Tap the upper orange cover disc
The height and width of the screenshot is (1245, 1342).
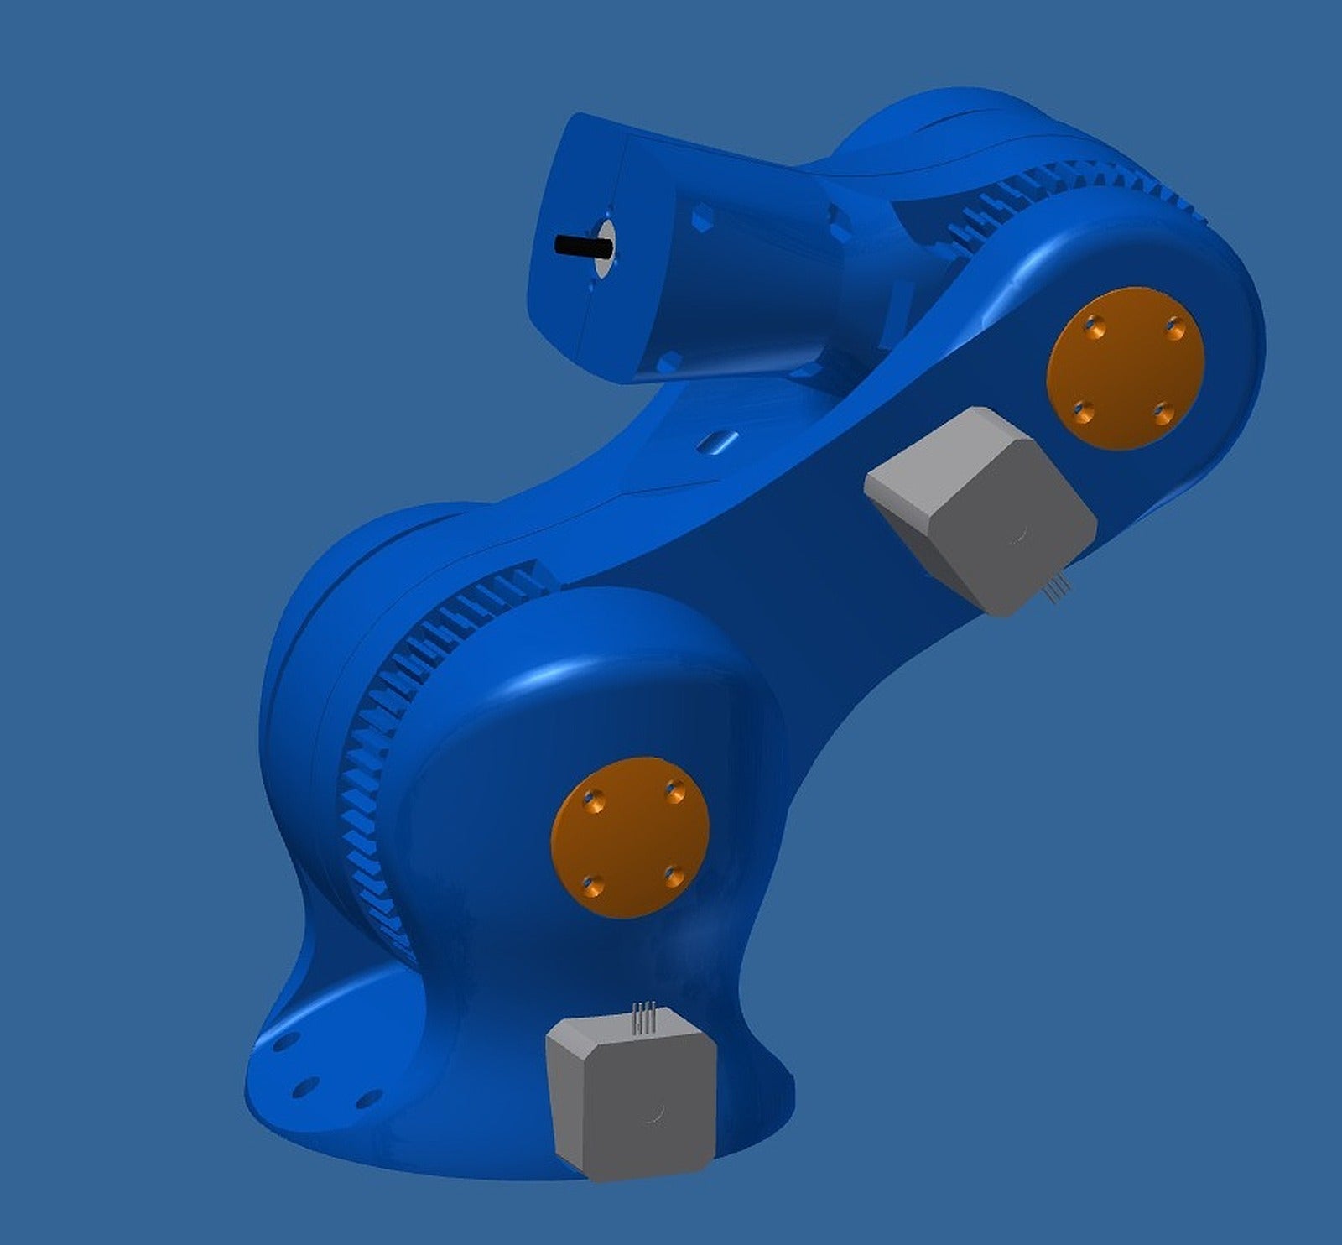tap(1126, 369)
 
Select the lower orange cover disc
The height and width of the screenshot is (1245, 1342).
tap(630, 837)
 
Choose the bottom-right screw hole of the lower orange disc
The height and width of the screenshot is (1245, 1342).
tap(673, 878)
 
